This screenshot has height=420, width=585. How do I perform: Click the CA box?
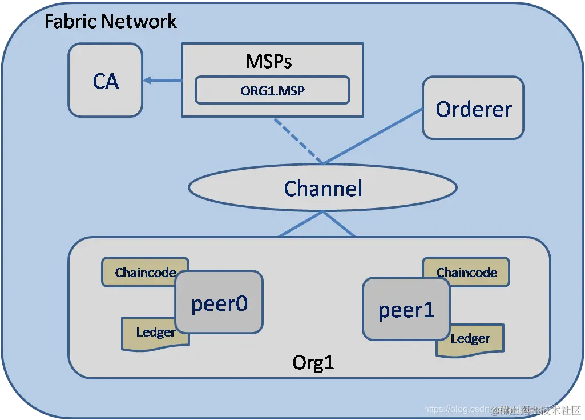click(105, 81)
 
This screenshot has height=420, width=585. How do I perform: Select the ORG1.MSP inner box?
click(272, 90)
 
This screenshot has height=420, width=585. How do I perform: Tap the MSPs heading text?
click(268, 61)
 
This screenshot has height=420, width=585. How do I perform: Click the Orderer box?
click(473, 109)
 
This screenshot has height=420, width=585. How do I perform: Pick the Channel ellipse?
click(322, 188)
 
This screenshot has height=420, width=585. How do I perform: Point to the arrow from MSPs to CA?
click(164, 81)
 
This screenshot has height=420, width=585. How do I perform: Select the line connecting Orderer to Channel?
click(374, 136)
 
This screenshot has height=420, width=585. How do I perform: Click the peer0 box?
click(219, 302)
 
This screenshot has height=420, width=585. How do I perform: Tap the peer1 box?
click(406, 309)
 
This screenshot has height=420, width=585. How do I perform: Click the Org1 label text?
click(313, 362)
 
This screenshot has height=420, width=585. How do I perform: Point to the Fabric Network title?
click(110, 22)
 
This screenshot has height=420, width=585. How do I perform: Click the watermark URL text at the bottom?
click(457, 409)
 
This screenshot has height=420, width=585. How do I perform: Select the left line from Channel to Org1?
click(300, 224)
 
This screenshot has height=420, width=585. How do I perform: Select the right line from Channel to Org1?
click(340, 224)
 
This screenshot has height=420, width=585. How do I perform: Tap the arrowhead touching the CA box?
click(147, 81)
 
